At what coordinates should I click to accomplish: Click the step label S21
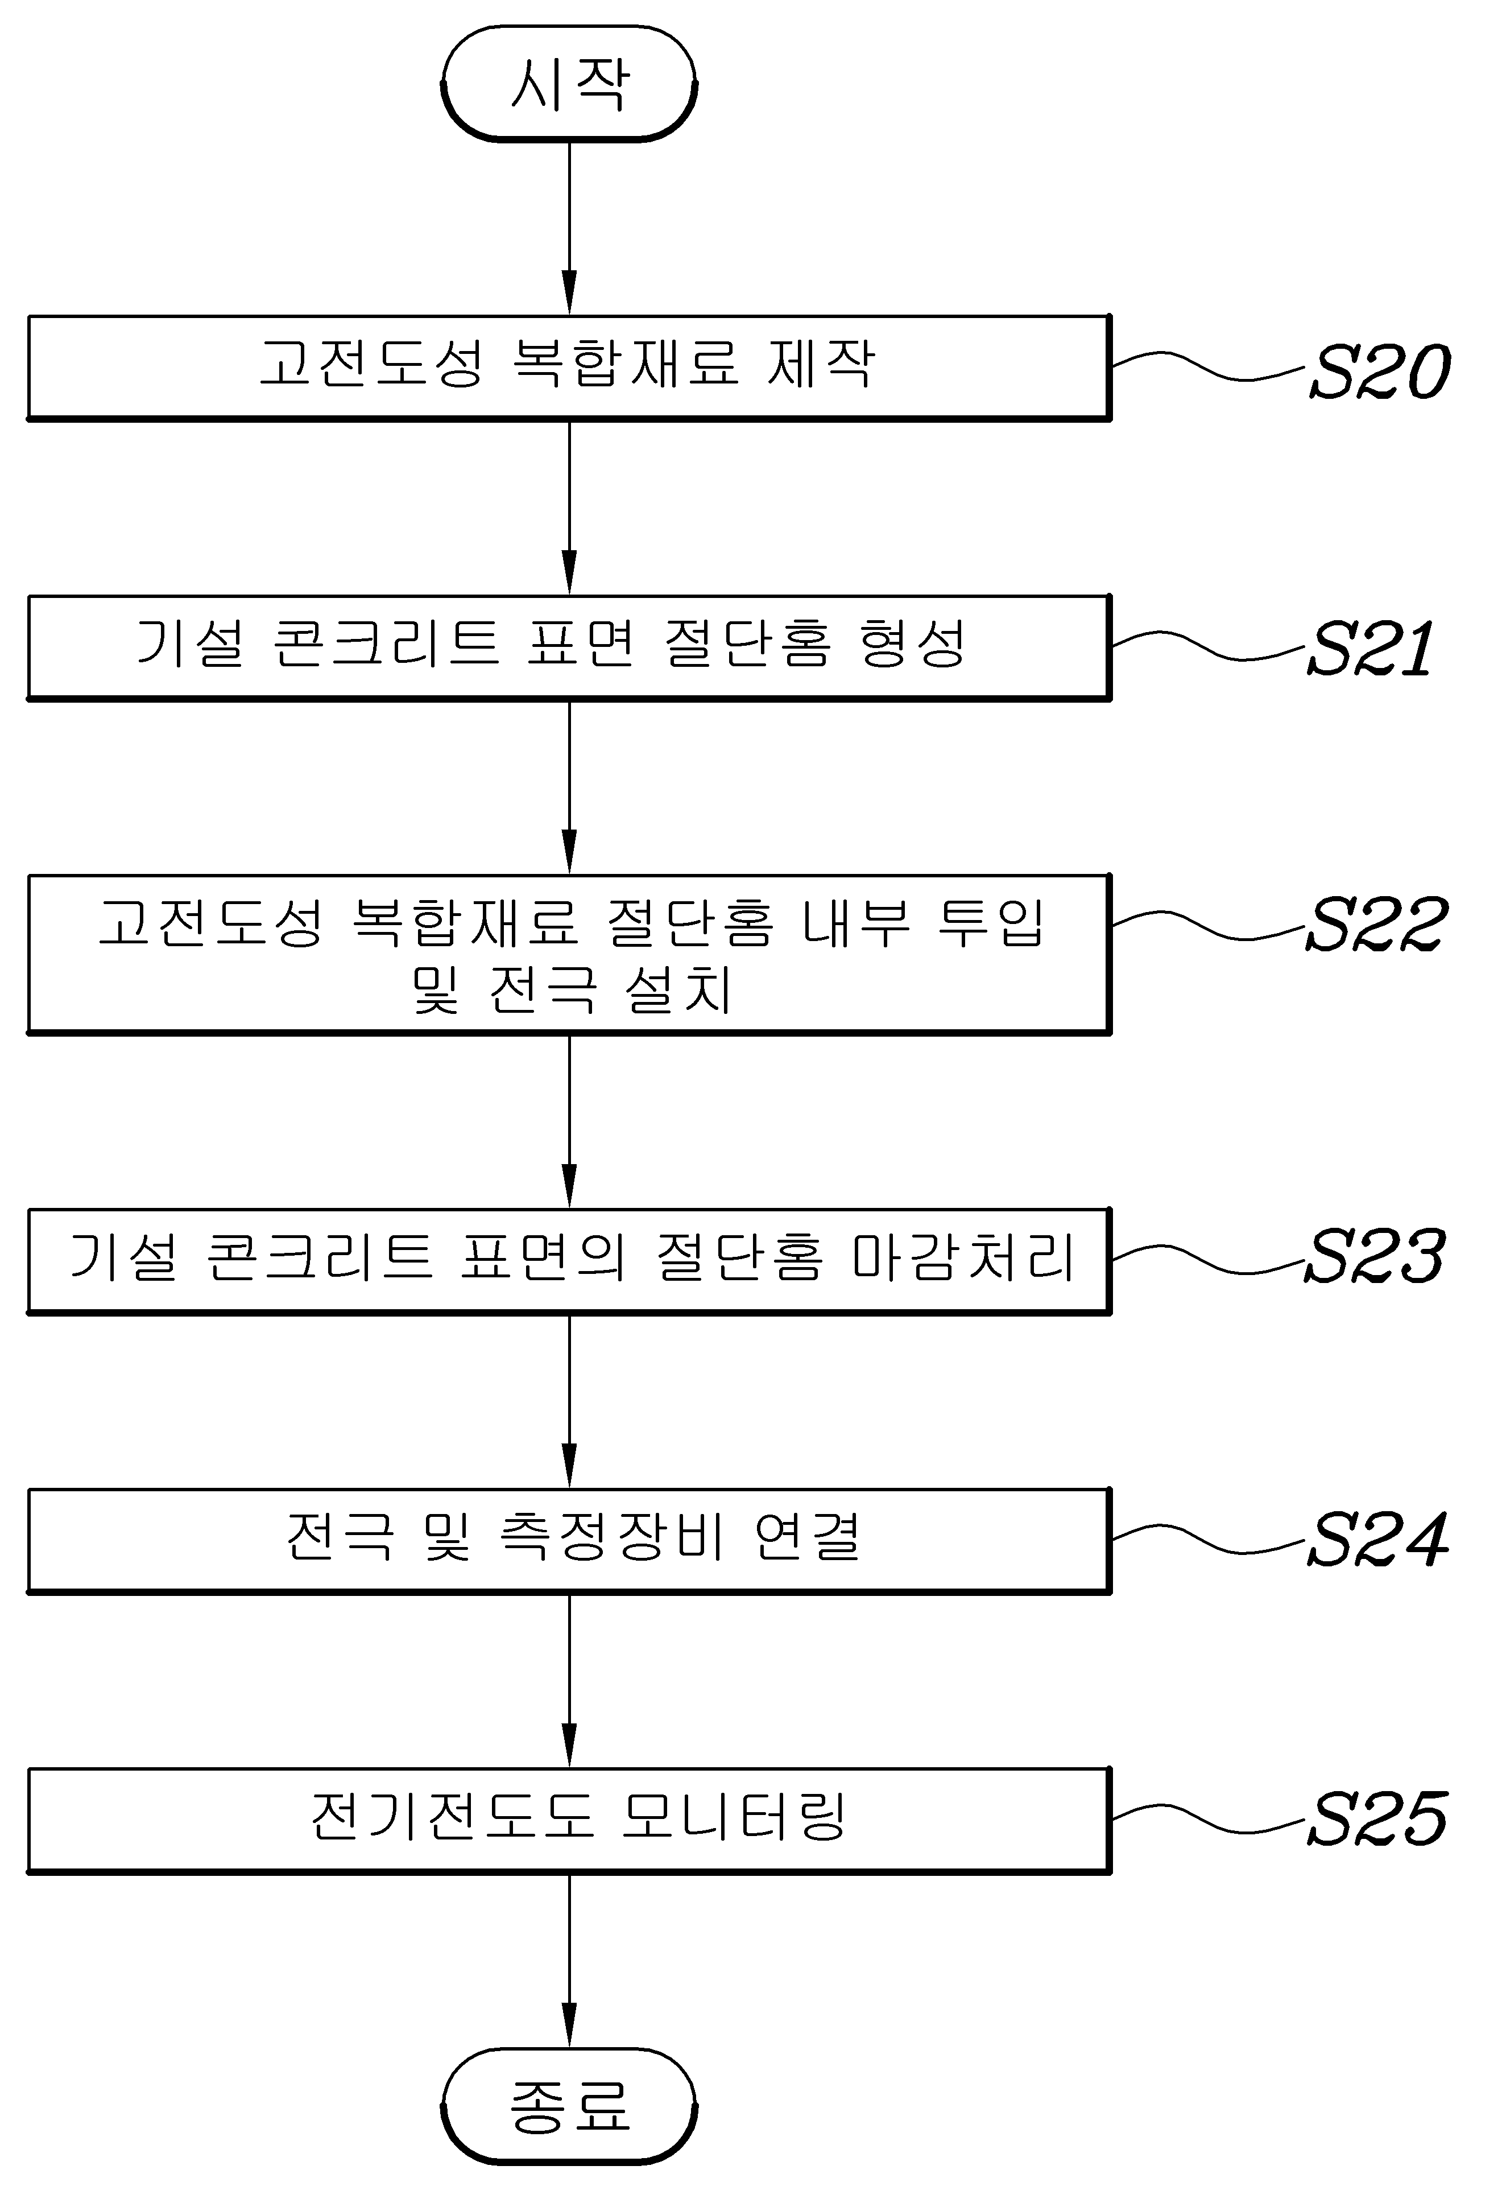(x=1371, y=650)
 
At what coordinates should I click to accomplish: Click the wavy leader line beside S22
(x=1208, y=925)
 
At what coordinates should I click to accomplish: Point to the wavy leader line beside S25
(x=1208, y=1819)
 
